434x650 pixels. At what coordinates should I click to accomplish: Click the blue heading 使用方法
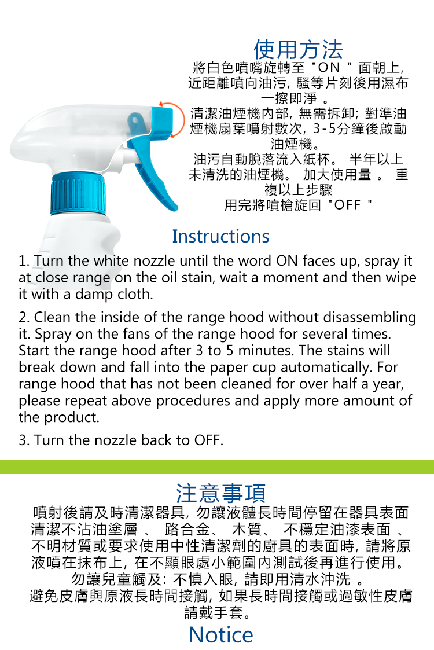298,50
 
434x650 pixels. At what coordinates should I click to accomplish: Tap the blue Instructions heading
220,236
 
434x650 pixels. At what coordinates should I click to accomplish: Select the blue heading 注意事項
220,493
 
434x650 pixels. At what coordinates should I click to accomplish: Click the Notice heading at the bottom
220,635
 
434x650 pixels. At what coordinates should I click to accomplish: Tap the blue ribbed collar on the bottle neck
78,193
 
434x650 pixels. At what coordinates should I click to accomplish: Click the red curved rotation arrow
176,117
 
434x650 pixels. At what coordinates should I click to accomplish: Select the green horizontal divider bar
217,467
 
